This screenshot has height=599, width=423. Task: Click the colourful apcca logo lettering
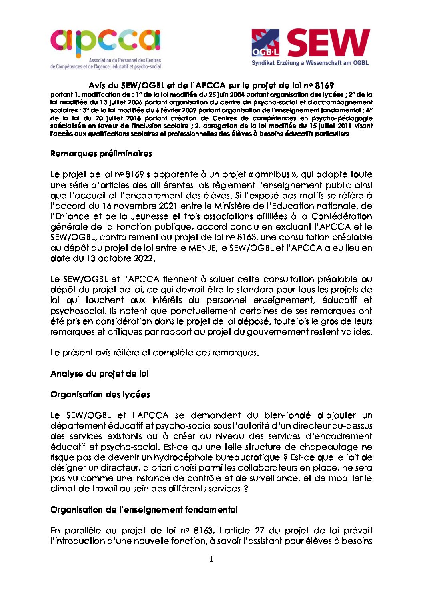tap(105, 42)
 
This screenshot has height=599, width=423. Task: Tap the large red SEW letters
tap(328, 43)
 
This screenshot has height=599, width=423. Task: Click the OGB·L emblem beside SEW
tap(265, 43)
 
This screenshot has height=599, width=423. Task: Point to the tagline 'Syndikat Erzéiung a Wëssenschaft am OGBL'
tap(310, 63)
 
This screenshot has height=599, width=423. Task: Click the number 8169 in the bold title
tap(324, 86)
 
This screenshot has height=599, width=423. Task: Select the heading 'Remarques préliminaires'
tap(101, 154)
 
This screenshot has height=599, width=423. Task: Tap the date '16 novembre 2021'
tap(140, 206)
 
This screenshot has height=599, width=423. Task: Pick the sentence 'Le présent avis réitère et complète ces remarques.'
tap(155, 353)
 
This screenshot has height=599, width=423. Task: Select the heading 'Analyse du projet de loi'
tap(100, 374)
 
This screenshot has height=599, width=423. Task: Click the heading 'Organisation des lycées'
tap(100, 395)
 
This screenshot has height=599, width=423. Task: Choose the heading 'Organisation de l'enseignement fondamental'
tap(144, 510)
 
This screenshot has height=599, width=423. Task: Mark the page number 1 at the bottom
tap(211, 559)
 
